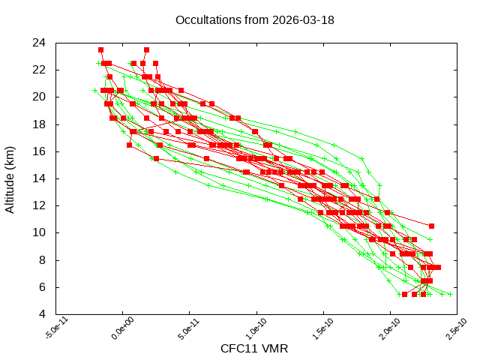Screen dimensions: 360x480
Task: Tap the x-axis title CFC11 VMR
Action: tap(254, 349)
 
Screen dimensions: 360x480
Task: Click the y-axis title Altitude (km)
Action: tap(10, 178)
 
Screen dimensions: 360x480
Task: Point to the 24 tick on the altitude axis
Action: tap(40, 42)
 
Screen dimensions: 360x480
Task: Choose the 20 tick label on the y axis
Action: tap(40, 97)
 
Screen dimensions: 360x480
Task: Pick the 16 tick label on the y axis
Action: tap(40, 151)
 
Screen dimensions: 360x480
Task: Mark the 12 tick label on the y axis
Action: tap(40, 205)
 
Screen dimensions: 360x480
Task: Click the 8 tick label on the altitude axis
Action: tap(43, 259)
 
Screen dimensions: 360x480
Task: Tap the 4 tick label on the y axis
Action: tap(43, 314)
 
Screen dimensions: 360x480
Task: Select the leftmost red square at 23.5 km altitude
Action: tap(100, 49)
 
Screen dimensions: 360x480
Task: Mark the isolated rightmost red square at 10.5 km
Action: tap(431, 226)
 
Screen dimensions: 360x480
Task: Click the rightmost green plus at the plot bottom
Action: tap(450, 294)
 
